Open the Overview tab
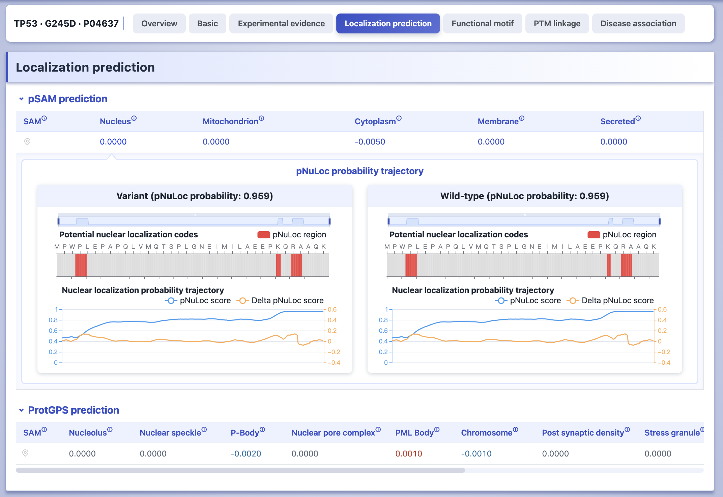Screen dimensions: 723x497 click(x=159, y=23)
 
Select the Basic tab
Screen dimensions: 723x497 click(x=207, y=23)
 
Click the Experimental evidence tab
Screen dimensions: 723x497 click(x=281, y=23)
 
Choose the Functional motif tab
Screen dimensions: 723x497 click(x=483, y=23)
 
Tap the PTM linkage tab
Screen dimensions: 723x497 click(x=557, y=23)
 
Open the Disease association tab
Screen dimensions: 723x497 click(x=638, y=23)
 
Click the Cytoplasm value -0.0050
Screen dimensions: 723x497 click(x=370, y=142)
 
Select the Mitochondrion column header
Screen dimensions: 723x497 click(x=230, y=121)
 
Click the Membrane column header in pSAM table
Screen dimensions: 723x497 click(x=498, y=121)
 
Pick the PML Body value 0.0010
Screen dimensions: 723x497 click(x=409, y=453)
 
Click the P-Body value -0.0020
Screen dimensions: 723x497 click(x=246, y=453)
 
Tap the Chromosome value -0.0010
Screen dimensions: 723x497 click(x=476, y=453)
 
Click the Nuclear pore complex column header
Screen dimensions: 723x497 click(x=333, y=433)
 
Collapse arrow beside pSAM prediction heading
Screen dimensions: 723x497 click(x=22, y=99)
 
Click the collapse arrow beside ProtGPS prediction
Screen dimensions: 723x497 click(x=22, y=410)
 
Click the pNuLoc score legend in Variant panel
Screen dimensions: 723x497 click(x=198, y=300)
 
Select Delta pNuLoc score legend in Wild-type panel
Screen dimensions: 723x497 click(x=610, y=300)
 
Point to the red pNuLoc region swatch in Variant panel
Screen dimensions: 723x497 click(x=264, y=235)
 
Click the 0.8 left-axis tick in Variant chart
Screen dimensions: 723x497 click(x=53, y=320)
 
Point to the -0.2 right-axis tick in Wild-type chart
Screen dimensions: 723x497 click(x=664, y=352)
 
